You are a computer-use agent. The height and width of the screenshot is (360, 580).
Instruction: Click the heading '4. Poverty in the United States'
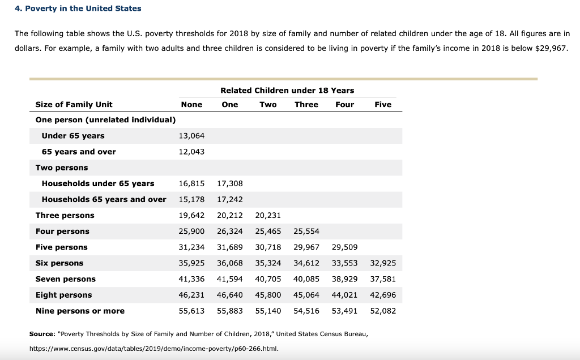coord(78,8)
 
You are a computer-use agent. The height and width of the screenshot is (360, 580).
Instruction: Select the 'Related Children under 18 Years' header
coord(287,90)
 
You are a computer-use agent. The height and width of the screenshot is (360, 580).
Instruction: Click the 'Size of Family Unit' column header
coord(74,104)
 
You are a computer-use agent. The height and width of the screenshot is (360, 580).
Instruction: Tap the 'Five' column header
coord(383,104)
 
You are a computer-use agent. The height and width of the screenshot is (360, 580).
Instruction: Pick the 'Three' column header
coord(306,104)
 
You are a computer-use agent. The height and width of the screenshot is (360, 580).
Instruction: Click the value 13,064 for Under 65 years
coord(191,136)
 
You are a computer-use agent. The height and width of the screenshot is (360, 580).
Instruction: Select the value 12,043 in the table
coord(191,152)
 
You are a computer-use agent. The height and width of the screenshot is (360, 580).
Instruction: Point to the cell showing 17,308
coord(229,183)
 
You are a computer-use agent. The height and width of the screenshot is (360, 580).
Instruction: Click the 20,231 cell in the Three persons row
coord(268,215)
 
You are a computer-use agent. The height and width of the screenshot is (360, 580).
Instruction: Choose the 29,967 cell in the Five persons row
coord(306,247)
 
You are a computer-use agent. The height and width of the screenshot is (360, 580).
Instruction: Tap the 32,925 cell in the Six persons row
coord(383,263)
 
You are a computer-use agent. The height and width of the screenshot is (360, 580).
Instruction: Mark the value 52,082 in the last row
coord(383,311)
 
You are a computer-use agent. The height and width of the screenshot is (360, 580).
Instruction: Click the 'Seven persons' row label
coord(66,279)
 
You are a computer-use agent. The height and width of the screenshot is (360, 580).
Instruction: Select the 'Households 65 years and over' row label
coord(104,199)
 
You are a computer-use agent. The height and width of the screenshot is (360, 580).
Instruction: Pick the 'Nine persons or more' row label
coord(80,311)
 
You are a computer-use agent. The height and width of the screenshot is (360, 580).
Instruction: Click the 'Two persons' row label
coord(62,168)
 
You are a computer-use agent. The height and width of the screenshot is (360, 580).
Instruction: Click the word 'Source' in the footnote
coord(42,334)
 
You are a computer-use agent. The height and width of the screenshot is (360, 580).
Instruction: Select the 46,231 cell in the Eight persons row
coord(191,295)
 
